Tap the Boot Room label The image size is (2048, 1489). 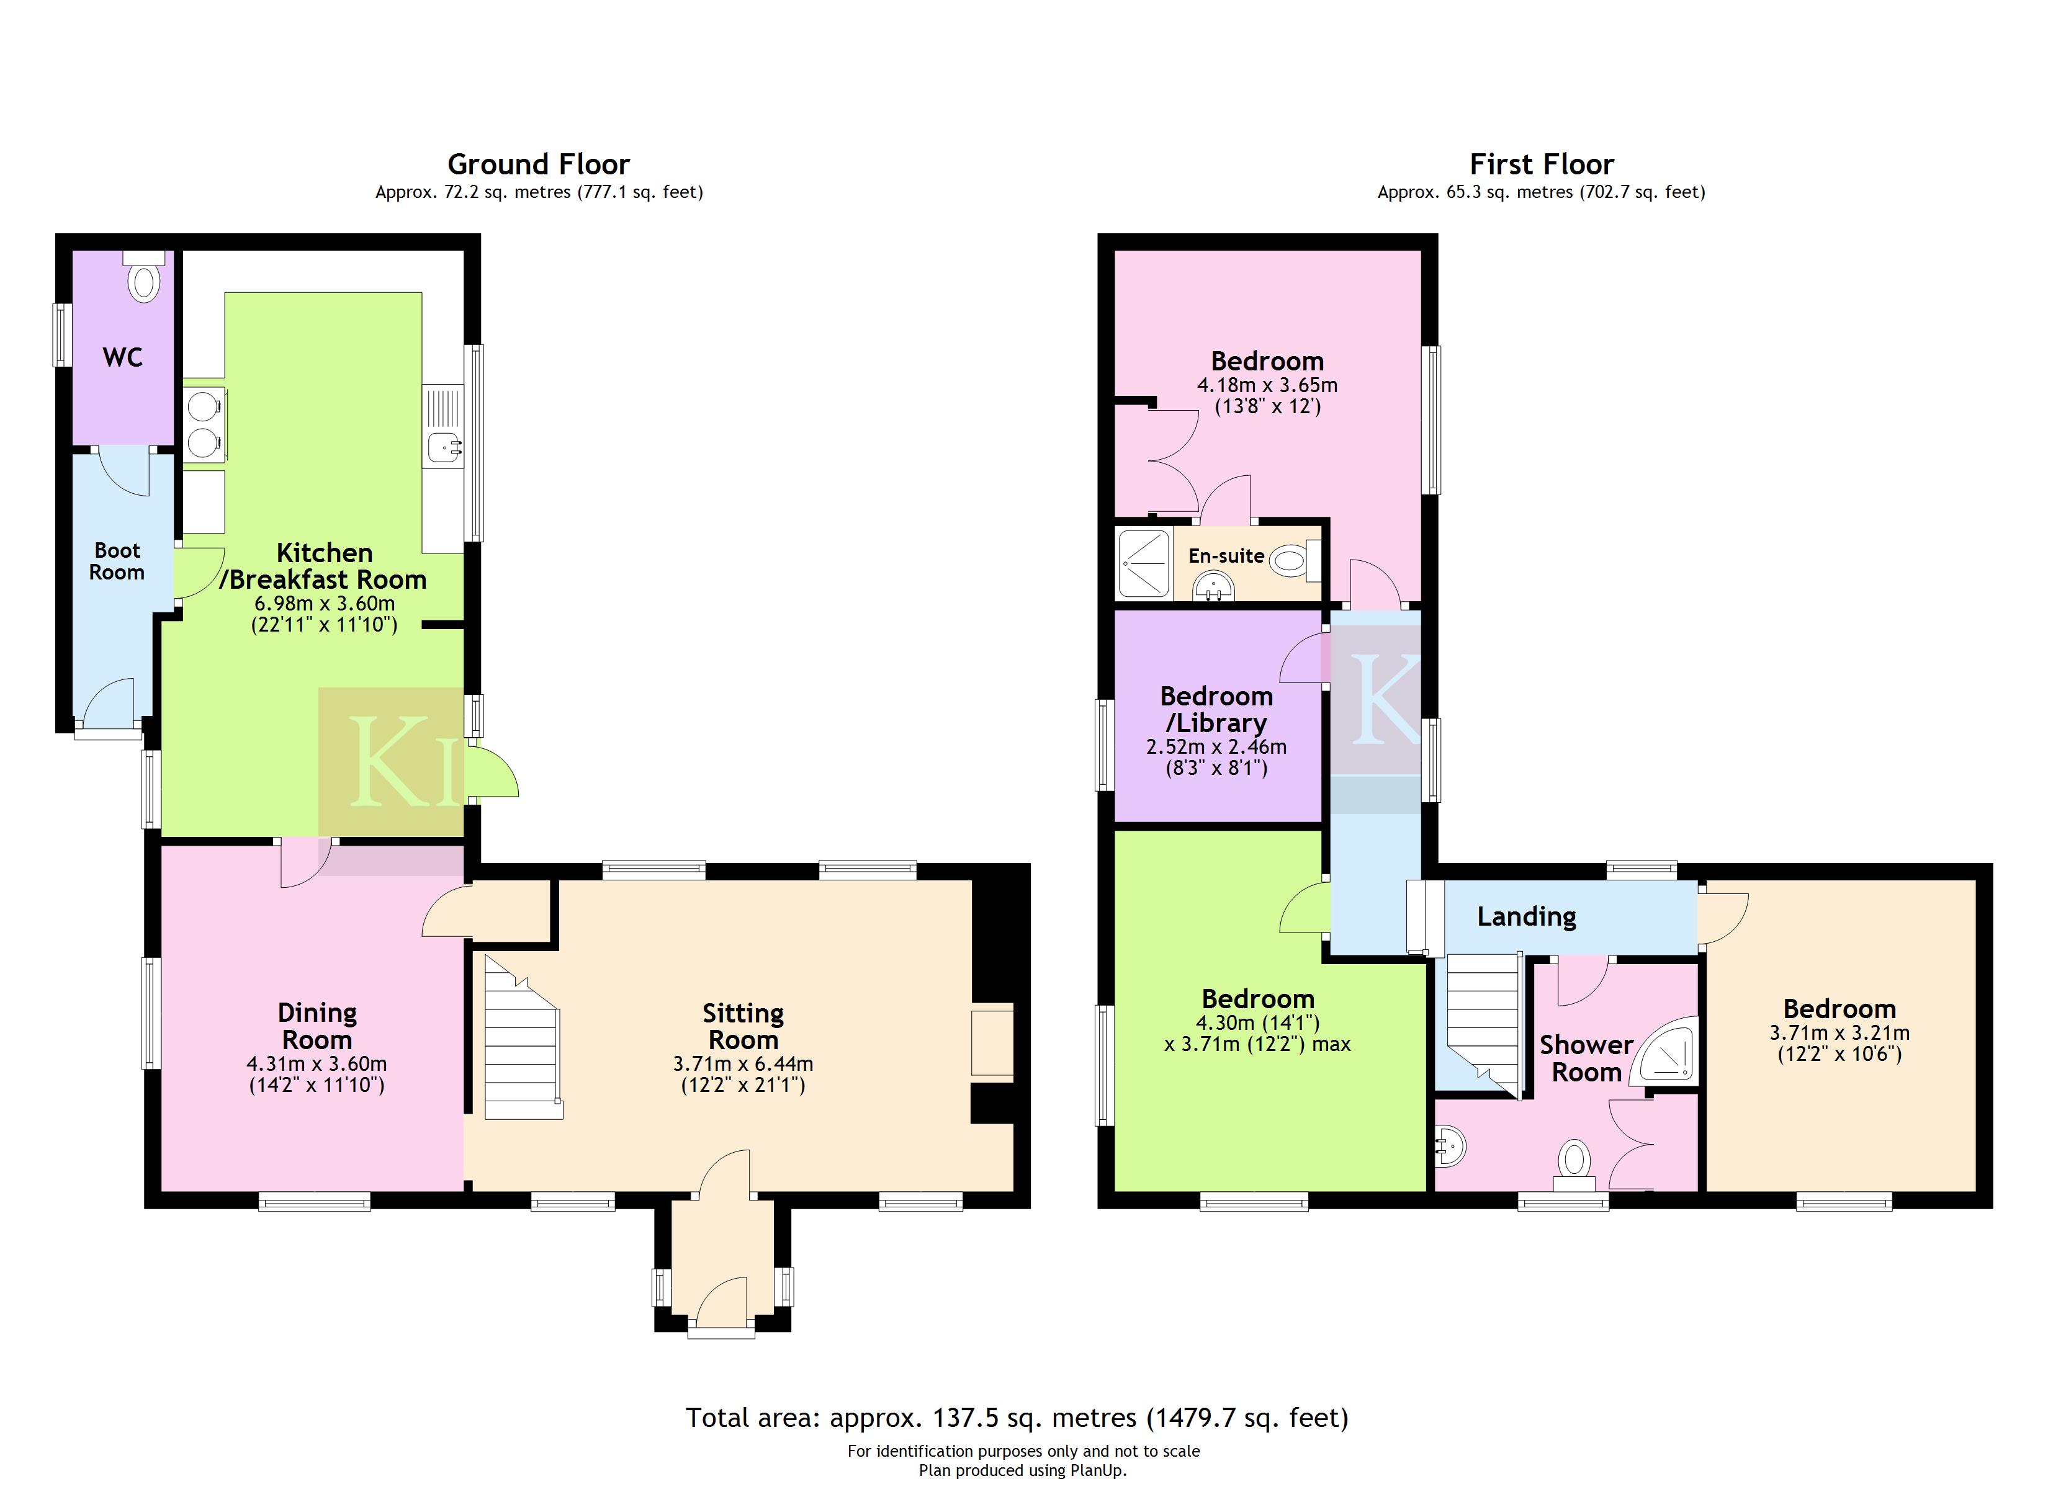[117, 561]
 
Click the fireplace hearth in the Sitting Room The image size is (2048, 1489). [992, 1043]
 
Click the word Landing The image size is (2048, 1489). [1526, 916]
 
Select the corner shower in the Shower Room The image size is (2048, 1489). [1667, 1051]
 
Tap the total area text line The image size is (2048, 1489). [1017, 1418]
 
